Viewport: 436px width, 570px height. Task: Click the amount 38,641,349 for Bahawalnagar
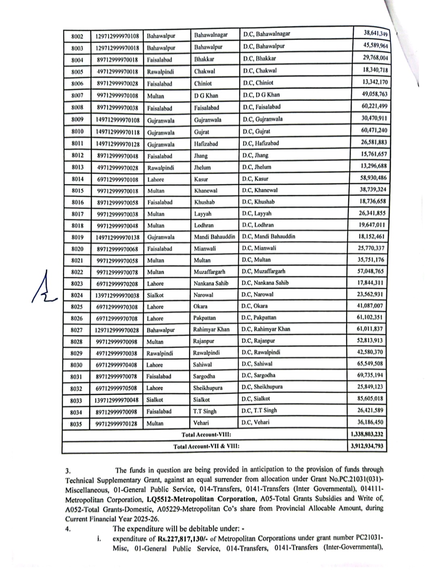(x=375, y=33)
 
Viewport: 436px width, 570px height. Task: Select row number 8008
(x=77, y=108)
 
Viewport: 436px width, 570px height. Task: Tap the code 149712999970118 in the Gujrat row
(x=117, y=132)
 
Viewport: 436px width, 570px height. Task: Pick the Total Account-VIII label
(x=206, y=435)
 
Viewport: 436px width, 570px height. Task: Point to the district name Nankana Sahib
(x=211, y=283)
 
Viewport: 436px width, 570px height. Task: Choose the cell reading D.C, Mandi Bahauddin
(x=268, y=236)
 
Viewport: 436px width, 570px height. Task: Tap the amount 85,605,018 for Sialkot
(x=367, y=399)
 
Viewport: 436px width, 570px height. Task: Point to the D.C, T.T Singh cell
(x=259, y=411)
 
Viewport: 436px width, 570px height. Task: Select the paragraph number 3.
(x=68, y=470)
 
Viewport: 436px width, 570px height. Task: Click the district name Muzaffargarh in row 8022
(x=210, y=272)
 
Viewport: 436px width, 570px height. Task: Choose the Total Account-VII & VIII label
(x=206, y=447)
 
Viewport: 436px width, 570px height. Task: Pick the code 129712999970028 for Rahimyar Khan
(x=117, y=330)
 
